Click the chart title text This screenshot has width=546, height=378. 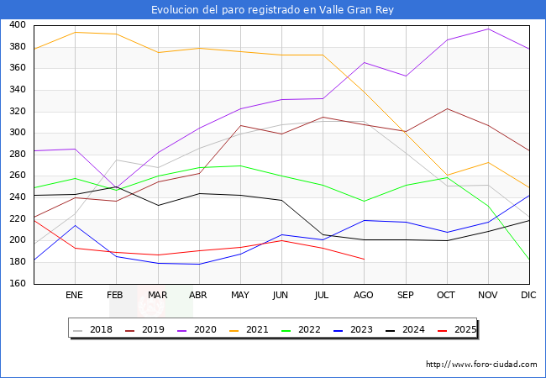pyautogui.click(x=272, y=10)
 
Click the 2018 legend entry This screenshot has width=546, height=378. pyautogui.click(x=94, y=329)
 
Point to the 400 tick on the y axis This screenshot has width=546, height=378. pyautogui.click(x=17, y=25)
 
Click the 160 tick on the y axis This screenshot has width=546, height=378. pyautogui.click(x=17, y=283)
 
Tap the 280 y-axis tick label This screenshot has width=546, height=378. pyautogui.click(x=17, y=155)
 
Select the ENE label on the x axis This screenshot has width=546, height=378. pyautogui.click(x=74, y=296)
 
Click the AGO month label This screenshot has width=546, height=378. pyautogui.click(x=364, y=296)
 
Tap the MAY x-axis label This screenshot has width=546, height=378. pyautogui.click(x=239, y=296)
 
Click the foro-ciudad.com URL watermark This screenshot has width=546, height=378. pyautogui.click(x=481, y=365)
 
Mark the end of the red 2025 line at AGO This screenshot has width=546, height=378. pyautogui.click(x=364, y=259)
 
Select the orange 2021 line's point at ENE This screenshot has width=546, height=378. pyautogui.click(x=75, y=32)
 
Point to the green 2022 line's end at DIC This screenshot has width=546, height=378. pyautogui.click(x=529, y=260)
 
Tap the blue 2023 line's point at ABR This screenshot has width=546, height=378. pyautogui.click(x=198, y=264)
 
